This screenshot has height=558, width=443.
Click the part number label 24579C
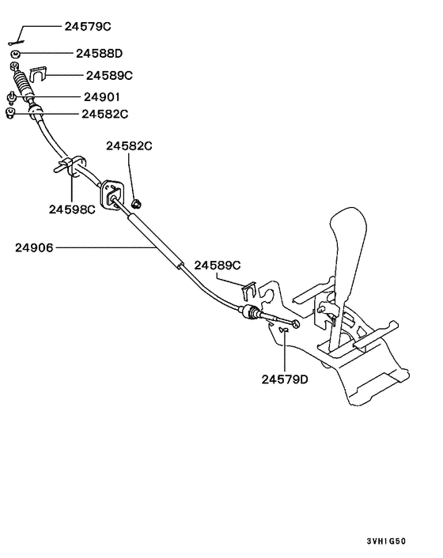click(x=88, y=25)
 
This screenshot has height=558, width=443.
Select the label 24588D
click(x=99, y=54)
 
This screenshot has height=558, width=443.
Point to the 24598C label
click(x=71, y=209)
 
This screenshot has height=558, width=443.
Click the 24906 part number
click(x=34, y=247)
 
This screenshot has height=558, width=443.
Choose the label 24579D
click(x=285, y=379)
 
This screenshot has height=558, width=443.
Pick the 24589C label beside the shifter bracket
click(x=218, y=265)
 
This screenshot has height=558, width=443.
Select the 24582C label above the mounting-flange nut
click(x=130, y=147)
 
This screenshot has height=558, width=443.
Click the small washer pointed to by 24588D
click(x=15, y=54)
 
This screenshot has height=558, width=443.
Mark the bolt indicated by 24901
click(x=13, y=98)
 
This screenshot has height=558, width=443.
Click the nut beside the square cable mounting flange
click(x=138, y=205)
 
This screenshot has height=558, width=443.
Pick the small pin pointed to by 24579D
click(x=283, y=332)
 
